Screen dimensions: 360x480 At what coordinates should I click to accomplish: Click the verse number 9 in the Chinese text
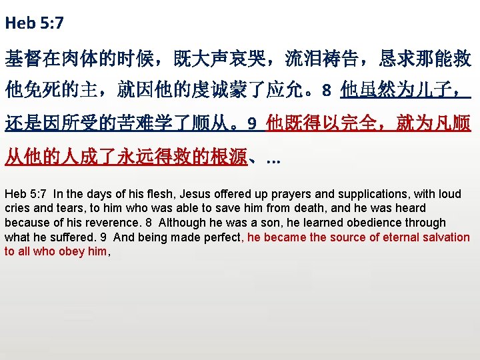click(x=251, y=123)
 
